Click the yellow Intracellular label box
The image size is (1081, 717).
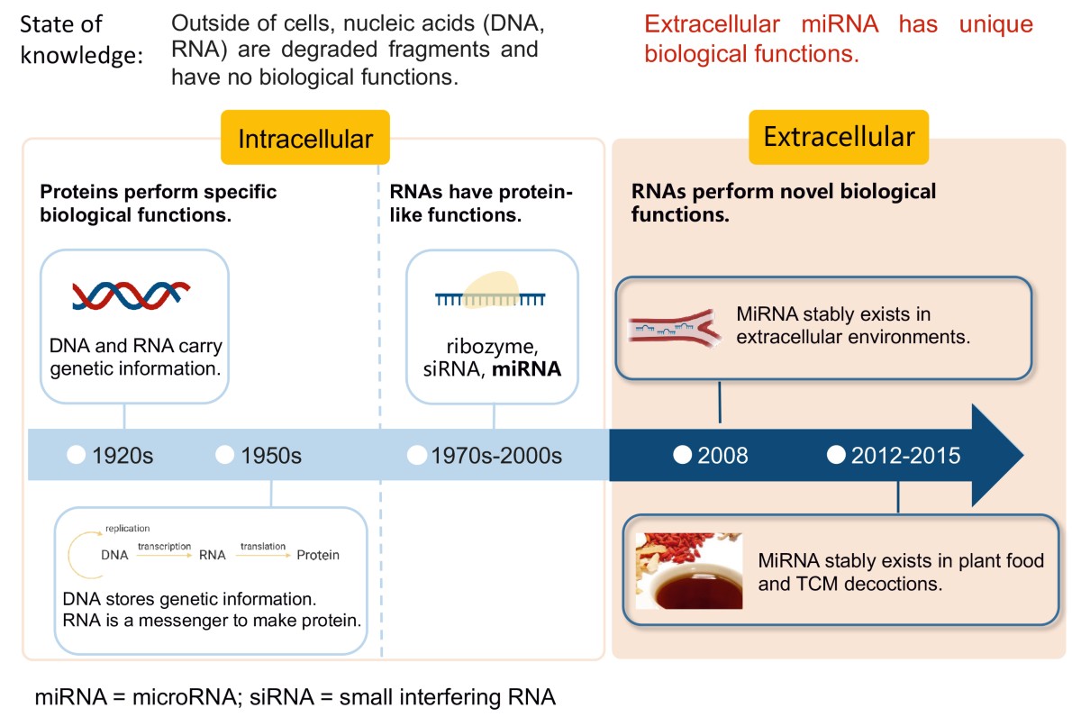click(x=304, y=138)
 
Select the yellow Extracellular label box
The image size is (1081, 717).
click(x=839, y=137)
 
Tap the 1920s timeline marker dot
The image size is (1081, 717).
click(x=77, y=455)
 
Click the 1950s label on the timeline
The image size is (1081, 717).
click(x=270, y=456)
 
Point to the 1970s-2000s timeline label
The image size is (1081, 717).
click(x=495, y=456)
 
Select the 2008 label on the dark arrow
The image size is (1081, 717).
click(x=722, y=456)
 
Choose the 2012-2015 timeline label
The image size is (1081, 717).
click(x=905, y=456)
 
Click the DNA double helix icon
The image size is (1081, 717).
click(x=131, y=295)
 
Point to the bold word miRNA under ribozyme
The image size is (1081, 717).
click(x=523, y=369)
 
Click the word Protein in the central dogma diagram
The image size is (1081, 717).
click(x=318, y=555)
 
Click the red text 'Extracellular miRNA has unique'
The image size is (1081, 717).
click(x=838, y=24)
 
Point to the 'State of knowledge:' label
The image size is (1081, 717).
click(x=81, y=41)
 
